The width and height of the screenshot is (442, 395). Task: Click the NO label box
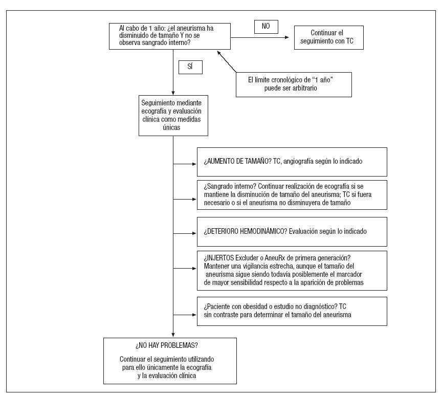point(266,27)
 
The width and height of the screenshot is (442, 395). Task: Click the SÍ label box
point(190,67)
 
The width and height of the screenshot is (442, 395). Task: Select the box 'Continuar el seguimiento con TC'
point(329,37)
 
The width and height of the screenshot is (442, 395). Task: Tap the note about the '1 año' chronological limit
point(293,84)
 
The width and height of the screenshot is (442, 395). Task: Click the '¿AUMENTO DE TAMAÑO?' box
point(292,162)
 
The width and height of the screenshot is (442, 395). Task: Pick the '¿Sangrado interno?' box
point(292,194)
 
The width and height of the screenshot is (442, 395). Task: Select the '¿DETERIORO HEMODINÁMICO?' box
point(292,231)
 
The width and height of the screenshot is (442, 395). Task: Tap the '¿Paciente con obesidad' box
point(292,311)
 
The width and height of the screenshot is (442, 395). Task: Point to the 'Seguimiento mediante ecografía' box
point(173,115)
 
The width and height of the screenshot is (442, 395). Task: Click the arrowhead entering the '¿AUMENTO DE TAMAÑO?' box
point(194,164)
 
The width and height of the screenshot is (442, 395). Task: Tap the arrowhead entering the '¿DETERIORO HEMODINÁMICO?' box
point(194,233)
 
